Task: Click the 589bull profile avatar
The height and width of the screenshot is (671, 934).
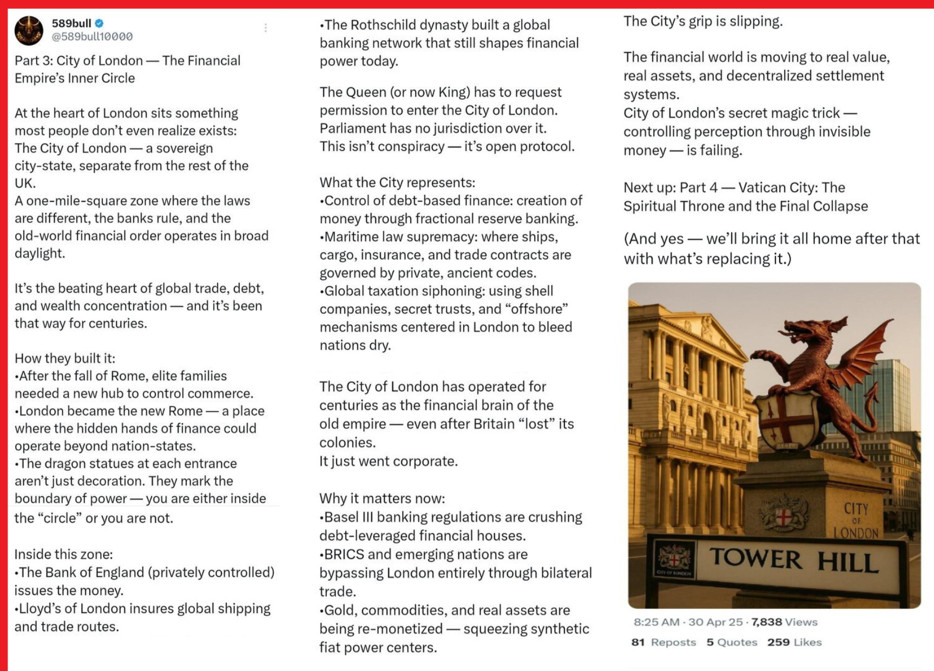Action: pyautogui.click(x=29, y=30)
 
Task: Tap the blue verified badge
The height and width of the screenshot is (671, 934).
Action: pyautogui.click(x=100, y=23)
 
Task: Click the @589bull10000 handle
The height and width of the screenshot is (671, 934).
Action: pyautogui.click(x=92, y=37)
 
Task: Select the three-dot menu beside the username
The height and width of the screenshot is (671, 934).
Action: pyautogui.click(x=266, y=28)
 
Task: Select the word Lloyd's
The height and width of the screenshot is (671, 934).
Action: pyautogui.click(x=40, y=609)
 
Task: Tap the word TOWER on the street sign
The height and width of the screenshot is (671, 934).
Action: pyautogui.click(x=755, y=559)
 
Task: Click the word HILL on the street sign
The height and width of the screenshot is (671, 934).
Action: pyautogui.click(x=847, y=563)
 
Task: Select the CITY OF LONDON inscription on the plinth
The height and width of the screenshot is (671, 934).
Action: pyautogui.click(x=856, y=520)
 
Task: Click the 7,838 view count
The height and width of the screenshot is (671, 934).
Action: pyautogui.click(x=766, y=622)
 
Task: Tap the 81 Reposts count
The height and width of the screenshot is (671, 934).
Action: pyautogui.click(x=663, y=642)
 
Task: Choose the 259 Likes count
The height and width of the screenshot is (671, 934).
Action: pyautogui.click(x=794, y=642)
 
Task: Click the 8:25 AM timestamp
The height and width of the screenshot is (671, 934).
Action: pyautogui.click(x=656, y=622)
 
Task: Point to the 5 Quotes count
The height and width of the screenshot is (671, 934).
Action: pyautogui.click(x=732, y=642)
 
